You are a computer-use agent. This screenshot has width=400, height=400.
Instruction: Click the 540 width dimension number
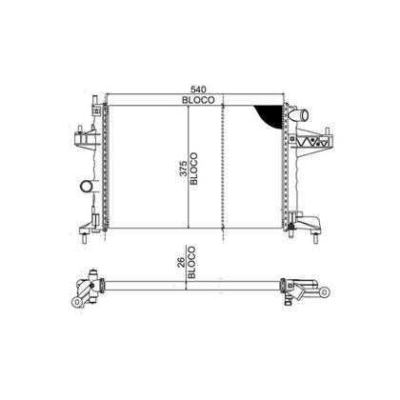point(198,90)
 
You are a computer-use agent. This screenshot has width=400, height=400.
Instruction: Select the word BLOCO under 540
point(198,100)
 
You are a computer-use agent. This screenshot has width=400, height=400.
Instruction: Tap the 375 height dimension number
point(184,169)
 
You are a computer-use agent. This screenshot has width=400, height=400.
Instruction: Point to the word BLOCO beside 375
point(193,169)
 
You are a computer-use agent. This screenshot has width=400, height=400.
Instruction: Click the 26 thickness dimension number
point(181,263)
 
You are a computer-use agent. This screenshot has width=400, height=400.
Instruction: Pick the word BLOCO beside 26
point(191,263)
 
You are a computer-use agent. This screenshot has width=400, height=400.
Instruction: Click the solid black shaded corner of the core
point(271,115)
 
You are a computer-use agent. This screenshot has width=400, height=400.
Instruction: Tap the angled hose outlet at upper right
point(300,115)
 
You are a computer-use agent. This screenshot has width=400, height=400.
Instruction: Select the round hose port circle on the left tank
point(87,186)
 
